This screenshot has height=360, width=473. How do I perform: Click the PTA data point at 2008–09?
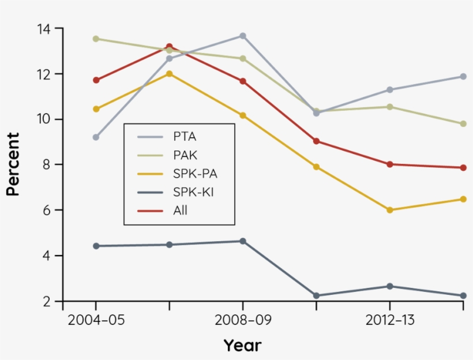(x=243, y=36)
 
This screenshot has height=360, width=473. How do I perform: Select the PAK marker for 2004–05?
(x=96, y=39)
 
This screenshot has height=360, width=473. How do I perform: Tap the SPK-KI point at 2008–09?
(x=243, y=241)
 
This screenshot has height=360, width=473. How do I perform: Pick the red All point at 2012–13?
(x=389, y=164)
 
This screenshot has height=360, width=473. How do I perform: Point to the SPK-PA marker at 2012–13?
(x=389, y=210)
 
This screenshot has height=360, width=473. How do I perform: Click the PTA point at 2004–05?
(x=96, y=137)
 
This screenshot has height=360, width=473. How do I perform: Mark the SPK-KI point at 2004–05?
(x=96, y=246)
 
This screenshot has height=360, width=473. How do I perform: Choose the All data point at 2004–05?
(x=96, y=80)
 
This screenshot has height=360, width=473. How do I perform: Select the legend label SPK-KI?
(x=193, y=192)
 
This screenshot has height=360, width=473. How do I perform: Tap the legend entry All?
(x=180, y=211)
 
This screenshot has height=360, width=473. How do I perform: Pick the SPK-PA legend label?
(x=194, y=174)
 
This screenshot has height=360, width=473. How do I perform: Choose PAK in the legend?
(x=185, y=155)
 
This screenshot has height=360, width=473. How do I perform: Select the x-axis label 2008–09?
(x=243, y=321)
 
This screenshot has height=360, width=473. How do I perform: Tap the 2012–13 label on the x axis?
(x=389, y=321)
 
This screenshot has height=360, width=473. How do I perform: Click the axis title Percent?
(x=13, y=164)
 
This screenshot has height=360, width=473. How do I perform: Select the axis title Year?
(x=242, y=346)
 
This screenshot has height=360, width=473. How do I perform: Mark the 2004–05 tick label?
(x=96, y=321)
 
